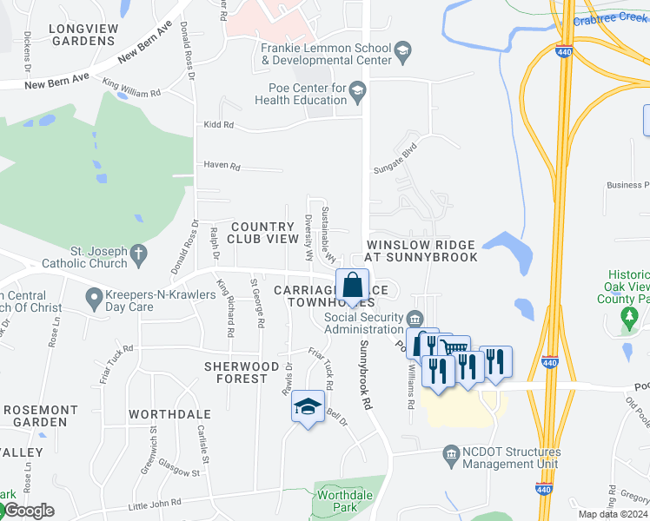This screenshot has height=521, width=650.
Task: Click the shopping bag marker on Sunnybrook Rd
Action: tap(352, 286)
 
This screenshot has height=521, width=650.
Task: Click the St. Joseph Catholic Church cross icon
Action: tap(136, 255)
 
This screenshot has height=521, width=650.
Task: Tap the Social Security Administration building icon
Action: tap(415, 317)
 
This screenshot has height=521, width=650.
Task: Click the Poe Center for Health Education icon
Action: tap(356, 89)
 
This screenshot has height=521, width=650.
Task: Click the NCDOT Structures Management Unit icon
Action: tap(450, 454)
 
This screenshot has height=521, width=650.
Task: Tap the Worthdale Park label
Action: tap(339, 500)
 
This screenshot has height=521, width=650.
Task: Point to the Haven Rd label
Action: tap(220, 165)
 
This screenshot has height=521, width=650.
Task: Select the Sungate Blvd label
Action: tap(395, 158)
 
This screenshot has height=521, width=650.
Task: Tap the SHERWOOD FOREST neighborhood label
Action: tap(235, 373)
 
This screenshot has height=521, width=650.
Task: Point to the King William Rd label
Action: tap(131, 89)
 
